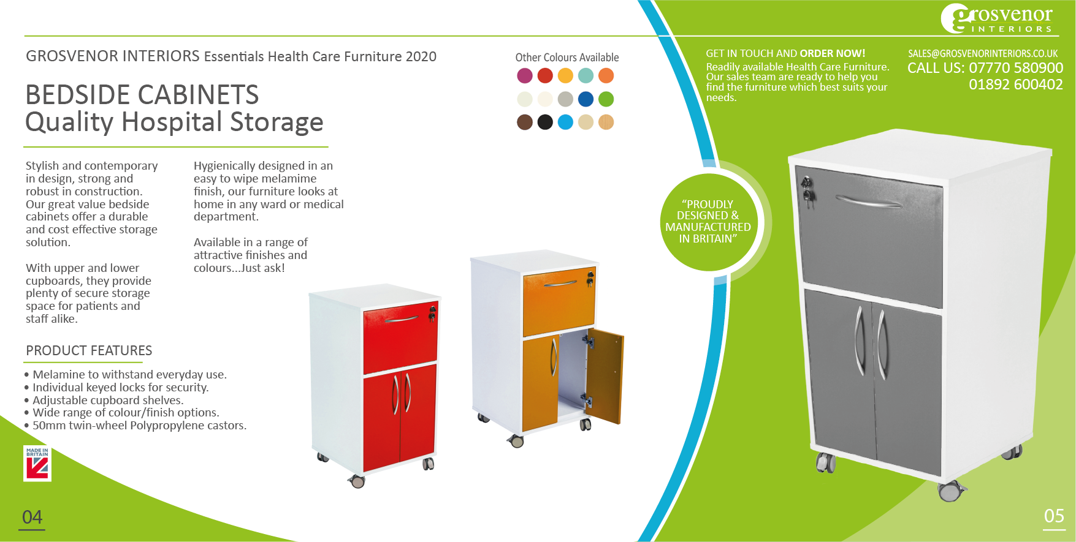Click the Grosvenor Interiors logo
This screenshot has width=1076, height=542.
(998, 19)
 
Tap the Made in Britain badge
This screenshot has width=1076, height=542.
(37, 464)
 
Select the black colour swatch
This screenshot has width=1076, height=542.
(545, 122)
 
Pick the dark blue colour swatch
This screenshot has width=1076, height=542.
(586, 99)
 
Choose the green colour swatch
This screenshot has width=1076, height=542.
(606, 99)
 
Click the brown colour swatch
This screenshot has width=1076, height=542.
(525, 122)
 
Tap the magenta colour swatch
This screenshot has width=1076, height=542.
(525, 75)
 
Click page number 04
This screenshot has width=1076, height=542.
(32, 518)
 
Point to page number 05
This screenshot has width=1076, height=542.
(1054, 516)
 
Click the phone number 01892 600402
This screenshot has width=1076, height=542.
(1015, 85)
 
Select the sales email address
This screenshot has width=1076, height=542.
(982, 54)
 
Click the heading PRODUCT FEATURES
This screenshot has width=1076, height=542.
(89, 350)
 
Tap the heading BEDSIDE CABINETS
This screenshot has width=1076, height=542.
(142, 95)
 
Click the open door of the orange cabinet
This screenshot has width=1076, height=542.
(606, 375)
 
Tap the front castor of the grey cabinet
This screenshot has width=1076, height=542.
(950, 491)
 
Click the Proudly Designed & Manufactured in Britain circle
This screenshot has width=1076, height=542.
(708, 222)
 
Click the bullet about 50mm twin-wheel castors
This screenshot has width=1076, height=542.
(139, 426)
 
